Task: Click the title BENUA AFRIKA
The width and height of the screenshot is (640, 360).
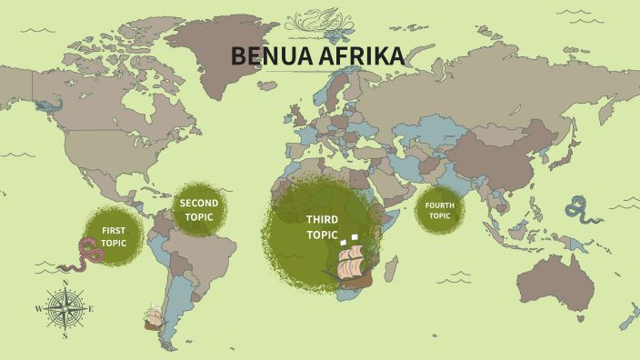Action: (x=317, y=56)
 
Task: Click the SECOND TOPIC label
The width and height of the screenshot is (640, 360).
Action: (x=199, y=210)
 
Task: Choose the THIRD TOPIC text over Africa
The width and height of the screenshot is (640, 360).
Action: (x=322, y=226)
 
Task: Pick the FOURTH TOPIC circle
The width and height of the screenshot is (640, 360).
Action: (x=440, y=210)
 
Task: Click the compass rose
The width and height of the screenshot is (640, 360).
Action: (x=65, y=309)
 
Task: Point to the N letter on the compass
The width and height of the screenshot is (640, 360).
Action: (x=65, y=284)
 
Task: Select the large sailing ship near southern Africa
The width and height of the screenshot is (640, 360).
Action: (x=354, y=265)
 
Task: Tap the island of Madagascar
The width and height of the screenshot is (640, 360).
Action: (x=390, y=268)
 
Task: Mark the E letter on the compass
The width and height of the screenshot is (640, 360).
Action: (x=91, y=309)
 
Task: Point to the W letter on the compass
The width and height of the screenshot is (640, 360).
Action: (x=39, y=309)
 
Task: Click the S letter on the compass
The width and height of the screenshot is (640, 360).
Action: (x=65, y=335)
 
